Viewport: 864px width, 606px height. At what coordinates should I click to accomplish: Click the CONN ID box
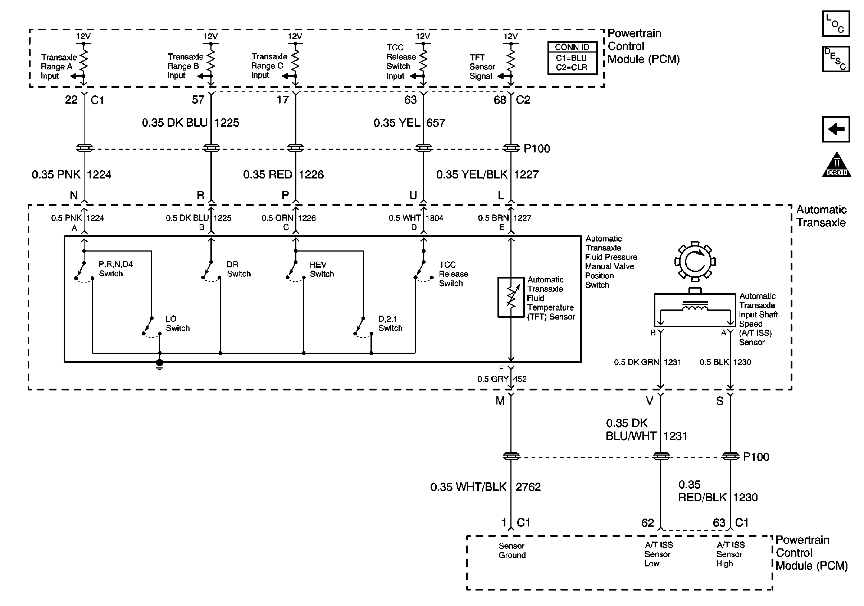572,58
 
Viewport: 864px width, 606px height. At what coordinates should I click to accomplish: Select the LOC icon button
836,24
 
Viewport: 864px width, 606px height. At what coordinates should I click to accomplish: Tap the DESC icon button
836,59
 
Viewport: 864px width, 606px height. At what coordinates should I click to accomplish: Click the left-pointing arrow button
836,129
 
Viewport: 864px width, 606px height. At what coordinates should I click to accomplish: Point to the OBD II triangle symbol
837,164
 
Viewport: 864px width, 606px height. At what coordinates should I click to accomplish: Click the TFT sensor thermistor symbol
511,297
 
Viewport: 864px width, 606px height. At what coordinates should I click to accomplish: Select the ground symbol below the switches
160,364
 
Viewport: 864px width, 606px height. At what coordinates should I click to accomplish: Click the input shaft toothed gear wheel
695,261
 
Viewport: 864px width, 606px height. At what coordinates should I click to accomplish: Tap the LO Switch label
178,323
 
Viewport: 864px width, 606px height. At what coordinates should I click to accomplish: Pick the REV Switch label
322,269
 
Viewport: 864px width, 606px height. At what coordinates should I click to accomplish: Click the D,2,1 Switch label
390,323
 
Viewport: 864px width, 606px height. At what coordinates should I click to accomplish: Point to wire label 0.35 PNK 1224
72,174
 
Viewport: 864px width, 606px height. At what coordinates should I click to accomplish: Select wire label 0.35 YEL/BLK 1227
487,174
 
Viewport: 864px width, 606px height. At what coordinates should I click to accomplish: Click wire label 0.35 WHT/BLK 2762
486,487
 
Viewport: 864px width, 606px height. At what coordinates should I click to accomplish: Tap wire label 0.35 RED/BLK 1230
718,491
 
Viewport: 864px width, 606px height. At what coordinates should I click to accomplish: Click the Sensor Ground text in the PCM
512,550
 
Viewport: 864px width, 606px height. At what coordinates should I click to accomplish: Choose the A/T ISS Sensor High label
731,554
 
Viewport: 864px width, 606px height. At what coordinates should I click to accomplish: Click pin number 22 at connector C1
71,100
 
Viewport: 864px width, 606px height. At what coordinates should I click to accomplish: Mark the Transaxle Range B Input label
185,66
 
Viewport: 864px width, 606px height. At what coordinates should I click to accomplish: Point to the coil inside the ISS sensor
695,308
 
